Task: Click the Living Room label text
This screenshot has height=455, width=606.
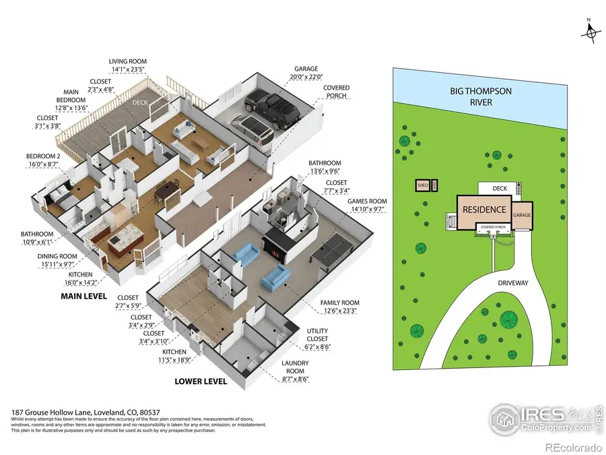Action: (x=127, y=61)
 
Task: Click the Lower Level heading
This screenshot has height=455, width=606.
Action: (x=201, y=381)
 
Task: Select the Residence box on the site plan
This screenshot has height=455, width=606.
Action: (x=484, y=210)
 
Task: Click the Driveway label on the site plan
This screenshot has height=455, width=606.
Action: (x=513, y=283)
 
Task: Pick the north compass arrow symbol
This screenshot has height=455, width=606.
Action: (x=592, y=32)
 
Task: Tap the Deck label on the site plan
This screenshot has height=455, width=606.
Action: (x=499, y=189)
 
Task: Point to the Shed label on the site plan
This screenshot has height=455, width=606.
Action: (x=423, y=185)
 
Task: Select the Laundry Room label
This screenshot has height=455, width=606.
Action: (x=295, y=367)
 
